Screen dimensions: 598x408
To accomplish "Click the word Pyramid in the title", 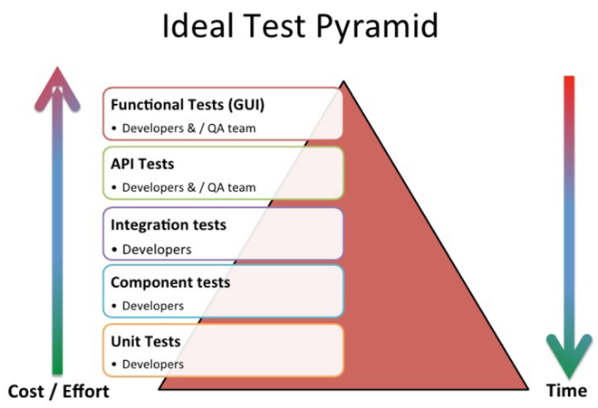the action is (377, 27).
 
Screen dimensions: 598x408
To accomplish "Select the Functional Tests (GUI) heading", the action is (188, 105).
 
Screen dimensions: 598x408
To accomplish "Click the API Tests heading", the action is (142, 164).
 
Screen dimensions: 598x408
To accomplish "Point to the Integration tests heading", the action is (169, 224).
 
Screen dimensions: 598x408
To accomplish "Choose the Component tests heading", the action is (170, 282).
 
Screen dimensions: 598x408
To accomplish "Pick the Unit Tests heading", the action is (146, 341).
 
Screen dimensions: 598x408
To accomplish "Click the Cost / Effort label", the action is (58, 391).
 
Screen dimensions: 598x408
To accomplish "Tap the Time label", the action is (566, 391).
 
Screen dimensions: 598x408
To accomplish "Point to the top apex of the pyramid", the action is (343, 81).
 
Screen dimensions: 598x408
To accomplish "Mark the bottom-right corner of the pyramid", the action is (528, 389).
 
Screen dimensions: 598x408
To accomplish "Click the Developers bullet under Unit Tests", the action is (152, 365).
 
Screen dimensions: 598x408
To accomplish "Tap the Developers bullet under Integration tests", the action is (157, 250).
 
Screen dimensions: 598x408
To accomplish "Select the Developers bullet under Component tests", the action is (152, 306).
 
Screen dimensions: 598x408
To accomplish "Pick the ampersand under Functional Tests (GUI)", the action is (191, 128).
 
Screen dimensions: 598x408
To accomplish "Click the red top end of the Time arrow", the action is (569, 77).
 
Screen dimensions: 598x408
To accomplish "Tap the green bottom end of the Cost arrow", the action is (57, 372).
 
